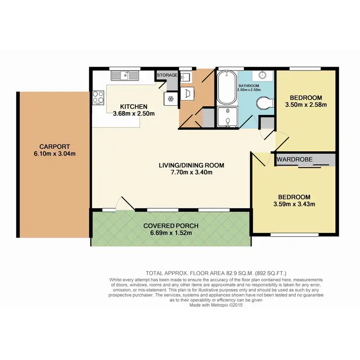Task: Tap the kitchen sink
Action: (124, 75)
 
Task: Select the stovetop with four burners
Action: (98, 97)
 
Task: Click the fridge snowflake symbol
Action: (170, 98)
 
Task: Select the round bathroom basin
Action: (263, 76)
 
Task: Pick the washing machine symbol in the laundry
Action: (188, 94)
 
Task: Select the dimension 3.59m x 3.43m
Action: (293, 204)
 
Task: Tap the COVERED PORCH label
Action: (170, 226)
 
